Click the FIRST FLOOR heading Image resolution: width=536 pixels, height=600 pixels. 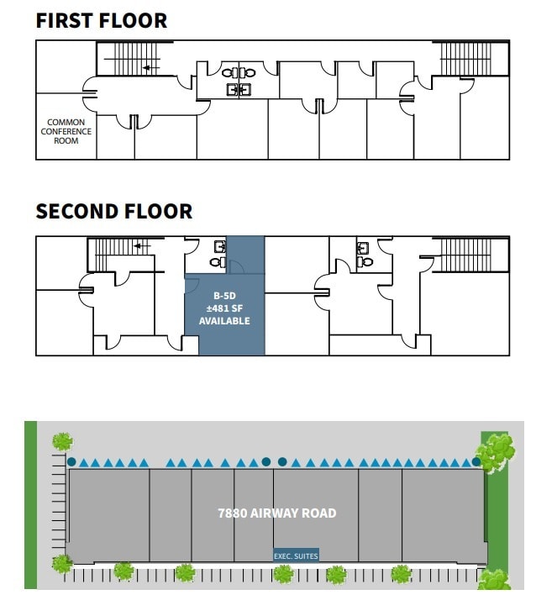101,20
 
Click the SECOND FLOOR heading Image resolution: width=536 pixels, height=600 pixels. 114,211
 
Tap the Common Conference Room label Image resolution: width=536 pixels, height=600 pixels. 66,132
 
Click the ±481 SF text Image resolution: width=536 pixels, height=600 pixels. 224,308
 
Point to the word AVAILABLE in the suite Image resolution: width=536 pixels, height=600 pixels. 224,321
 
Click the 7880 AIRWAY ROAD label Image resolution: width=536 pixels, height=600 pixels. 276,513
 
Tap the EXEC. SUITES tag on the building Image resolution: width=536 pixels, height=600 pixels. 296,555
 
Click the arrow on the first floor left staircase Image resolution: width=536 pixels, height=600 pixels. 150,68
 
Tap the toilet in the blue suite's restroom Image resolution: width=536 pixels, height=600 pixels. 217,261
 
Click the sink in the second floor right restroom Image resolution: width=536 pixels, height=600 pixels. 364,248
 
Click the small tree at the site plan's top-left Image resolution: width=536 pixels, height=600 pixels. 61,441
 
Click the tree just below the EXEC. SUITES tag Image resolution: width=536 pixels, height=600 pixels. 283,574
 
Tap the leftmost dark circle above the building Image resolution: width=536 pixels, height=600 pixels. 72,461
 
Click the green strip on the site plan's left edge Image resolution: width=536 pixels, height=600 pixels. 31,504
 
